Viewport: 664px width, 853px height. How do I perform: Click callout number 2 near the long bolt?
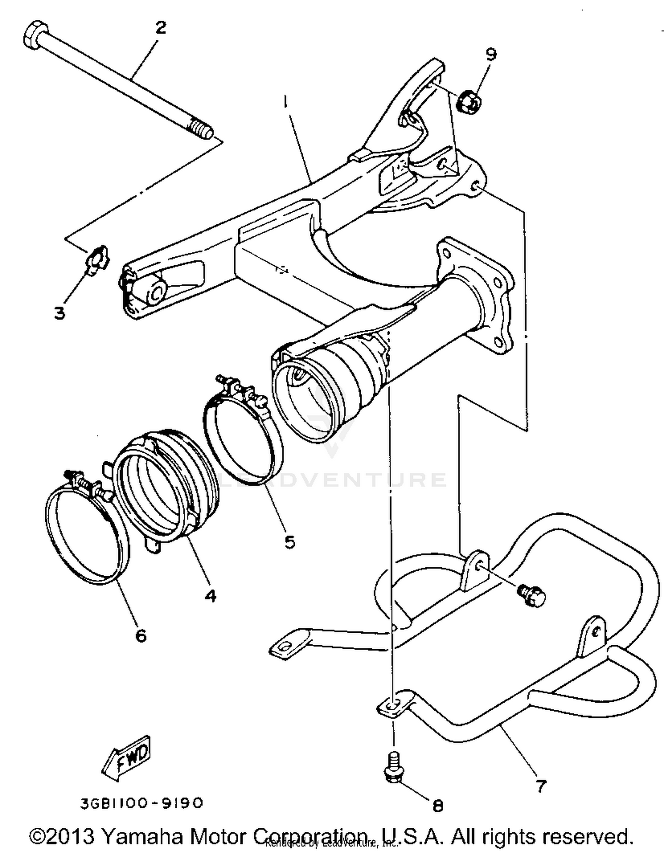pyautogui.click(x=160, y=27)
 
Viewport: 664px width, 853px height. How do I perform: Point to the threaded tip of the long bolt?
pyautogui.click(x=201, y=131)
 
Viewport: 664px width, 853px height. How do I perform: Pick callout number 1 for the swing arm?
pyautogui.click(x=286, y=103)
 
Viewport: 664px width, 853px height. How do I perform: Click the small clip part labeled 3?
pyautogui.click(x=97, y=258)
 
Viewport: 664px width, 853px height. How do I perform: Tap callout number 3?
pyautogui.click(x=59, y=313)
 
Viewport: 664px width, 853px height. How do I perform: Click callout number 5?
pyautogui.click(x=290, y=541)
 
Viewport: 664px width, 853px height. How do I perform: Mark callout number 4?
pyautogui.click(x=210, y=596)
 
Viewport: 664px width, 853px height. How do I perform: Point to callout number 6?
pyautogui.click(x=140, y=636)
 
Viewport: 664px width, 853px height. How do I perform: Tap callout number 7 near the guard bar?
pyautogui.click(x=541, y=786)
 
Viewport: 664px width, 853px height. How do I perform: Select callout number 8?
pyautogui.click(x=437, y=806)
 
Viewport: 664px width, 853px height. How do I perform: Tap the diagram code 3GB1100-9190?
pyautogui.click(x=142, y=803)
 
